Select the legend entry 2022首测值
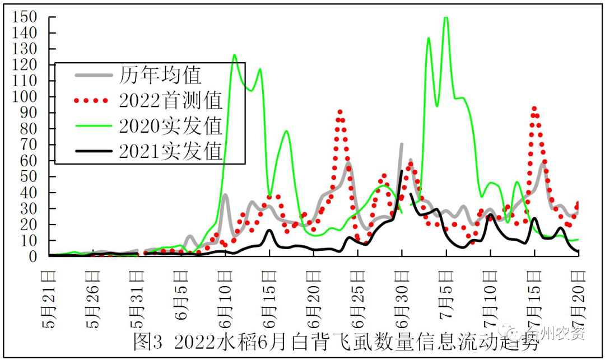(170, 101)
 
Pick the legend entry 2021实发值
(170, 151)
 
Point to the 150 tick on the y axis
(26, 17)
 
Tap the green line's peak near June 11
(234, 55)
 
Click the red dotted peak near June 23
(340, 111)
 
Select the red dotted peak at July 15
(534, 108)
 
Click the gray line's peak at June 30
(402, 144)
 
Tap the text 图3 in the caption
(147, 341)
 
